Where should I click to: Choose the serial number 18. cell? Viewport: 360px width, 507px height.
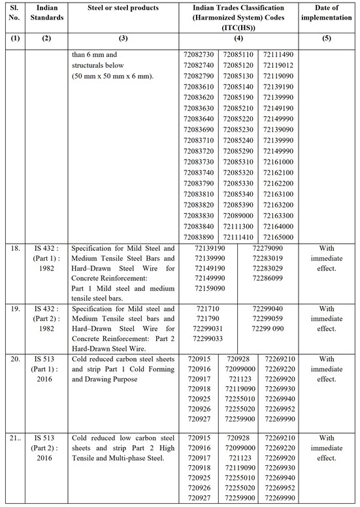pos(14,249)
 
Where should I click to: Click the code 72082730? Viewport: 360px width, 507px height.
pos(199,56)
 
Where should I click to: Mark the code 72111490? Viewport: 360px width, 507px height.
pos(278,56)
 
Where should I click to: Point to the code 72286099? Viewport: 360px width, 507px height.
pos(267,278)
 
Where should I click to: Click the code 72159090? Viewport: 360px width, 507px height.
pos(210,288)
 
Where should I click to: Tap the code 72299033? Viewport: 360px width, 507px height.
pos(210,338)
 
